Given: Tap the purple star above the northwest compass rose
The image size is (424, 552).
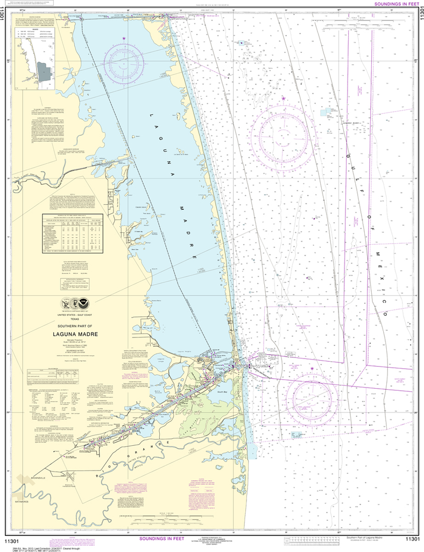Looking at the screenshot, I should pos(125,38).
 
